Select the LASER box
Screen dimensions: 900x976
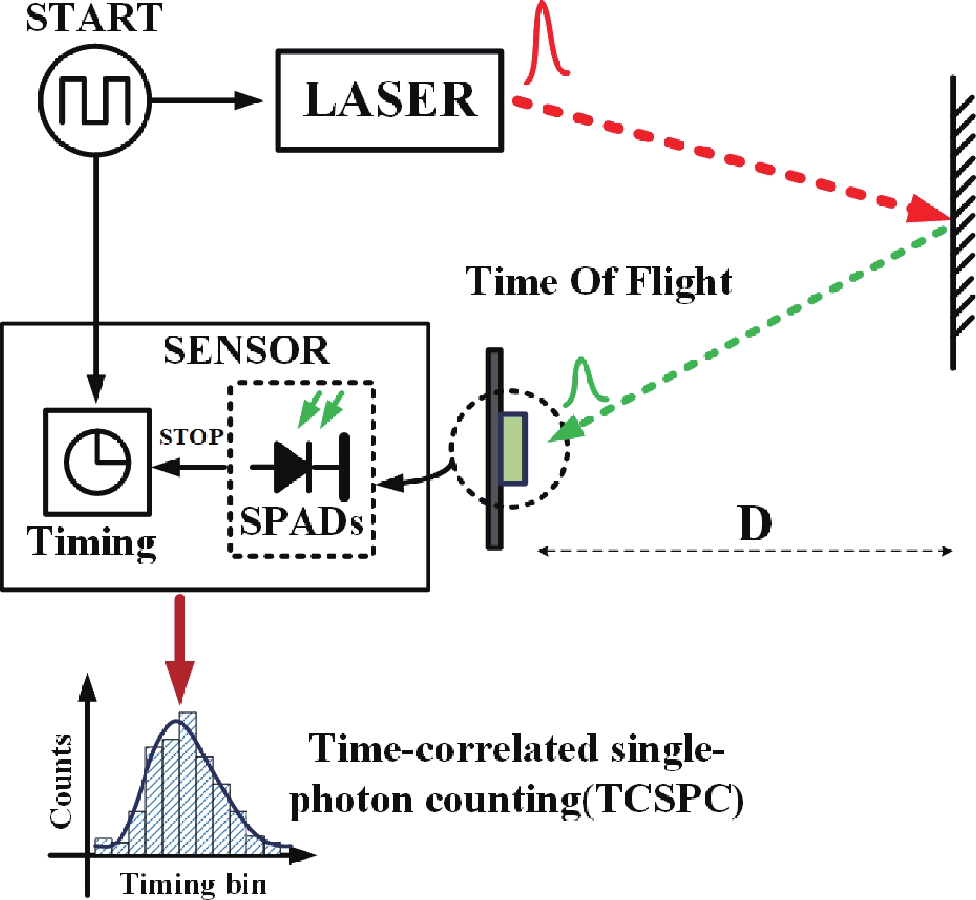point(389,100)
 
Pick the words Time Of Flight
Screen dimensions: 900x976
point(599,281)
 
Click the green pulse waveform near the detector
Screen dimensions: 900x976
point(583,381)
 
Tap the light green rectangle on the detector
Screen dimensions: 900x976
point(514,449)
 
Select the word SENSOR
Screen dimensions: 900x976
point(246,351)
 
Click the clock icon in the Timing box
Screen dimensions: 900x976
point(97,461)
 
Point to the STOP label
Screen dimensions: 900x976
point(191,437)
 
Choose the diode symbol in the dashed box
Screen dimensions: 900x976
point(301,466)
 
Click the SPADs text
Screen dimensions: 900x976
point(301,522)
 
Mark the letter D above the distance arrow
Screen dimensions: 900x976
point(754,524)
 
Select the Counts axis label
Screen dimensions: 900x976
point(61,782)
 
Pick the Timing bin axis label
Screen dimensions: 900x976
point(193,883)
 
